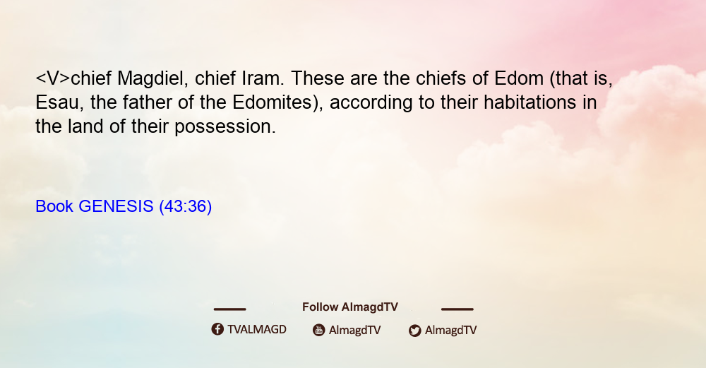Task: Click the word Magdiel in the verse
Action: (153, 78)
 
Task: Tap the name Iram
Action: (263, 78)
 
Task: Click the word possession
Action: (225, 127)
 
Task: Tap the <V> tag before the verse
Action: (53, 78)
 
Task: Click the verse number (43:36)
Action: (186, 207)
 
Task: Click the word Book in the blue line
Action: (54, 206)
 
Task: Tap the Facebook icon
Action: (217, 329)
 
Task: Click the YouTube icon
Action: (319, 330)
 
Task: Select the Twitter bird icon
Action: (414, 331)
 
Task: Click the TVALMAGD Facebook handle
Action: (257, 330)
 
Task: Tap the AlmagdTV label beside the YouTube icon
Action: (355, 331)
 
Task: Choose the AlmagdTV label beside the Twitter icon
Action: (450, 331)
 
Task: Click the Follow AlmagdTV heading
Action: (350, 307)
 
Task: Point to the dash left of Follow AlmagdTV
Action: (229, 309)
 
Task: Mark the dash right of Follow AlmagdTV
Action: (457, 309)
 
